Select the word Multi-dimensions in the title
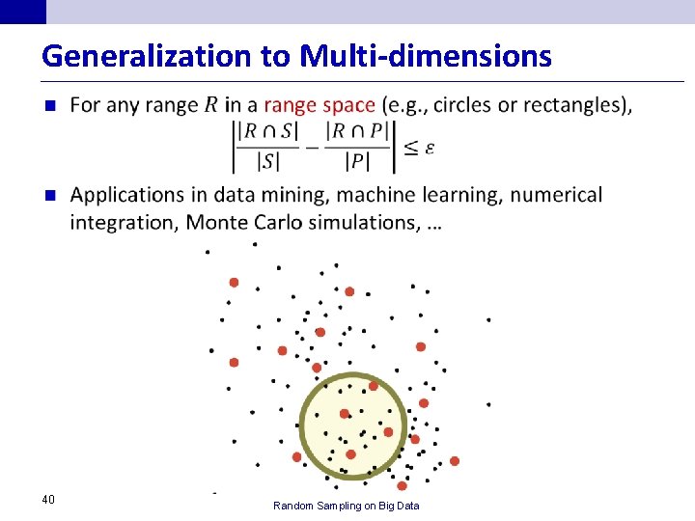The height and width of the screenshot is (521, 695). (x=426, y=56)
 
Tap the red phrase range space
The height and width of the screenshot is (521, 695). (x=320, y=104)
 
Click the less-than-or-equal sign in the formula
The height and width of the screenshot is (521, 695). (x=410, y=147)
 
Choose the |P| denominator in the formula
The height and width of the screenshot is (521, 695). (x=359, y=161)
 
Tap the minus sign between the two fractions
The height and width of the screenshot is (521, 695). (x=311, y=147)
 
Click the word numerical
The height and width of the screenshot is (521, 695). (x=556, y=195)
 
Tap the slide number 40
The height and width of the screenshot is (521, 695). (x=48, y=499)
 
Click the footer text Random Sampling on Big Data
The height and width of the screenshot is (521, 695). (x=346, y=506)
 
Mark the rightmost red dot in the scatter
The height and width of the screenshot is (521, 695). (x=455, y=461)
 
